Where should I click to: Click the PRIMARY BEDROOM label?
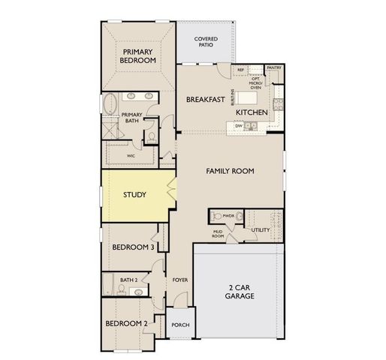139,55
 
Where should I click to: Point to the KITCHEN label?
252,112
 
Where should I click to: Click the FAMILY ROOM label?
230,171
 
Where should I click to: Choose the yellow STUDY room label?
134,194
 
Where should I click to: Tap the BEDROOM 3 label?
133,247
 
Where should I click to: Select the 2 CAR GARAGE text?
239,291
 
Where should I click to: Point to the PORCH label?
180,325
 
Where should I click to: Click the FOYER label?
179,280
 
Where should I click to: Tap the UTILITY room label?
261,229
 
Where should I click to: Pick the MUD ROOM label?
219,234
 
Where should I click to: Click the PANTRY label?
273,67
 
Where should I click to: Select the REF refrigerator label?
240,70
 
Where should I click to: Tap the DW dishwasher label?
238,126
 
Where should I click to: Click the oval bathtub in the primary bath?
110,104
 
